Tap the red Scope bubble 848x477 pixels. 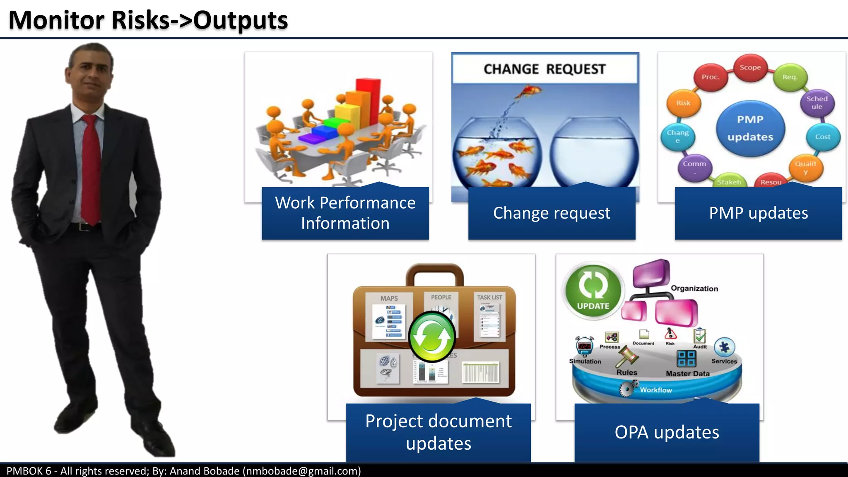[x=750, y=67]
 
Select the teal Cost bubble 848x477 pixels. [x=823, y=137]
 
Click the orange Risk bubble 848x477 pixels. [x=683, y=103]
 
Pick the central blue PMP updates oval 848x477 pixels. [x=750, y=128]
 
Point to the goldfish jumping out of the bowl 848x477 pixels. [x=529, y=91]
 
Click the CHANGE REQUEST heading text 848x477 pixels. [x=544, y=69]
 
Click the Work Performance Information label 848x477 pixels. [x=345, y=213]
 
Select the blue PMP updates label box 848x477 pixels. [x=758, y=213]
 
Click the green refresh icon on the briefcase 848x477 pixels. [x=432, y=337]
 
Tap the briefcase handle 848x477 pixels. [x=434, y=273]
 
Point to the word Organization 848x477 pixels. [x=694, y=289]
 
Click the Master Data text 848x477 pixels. [x=687, y=373]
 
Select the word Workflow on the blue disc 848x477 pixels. [x=656, y=390]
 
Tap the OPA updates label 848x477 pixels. [x=667, y=432]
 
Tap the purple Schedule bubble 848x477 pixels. [x=817, y=103]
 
